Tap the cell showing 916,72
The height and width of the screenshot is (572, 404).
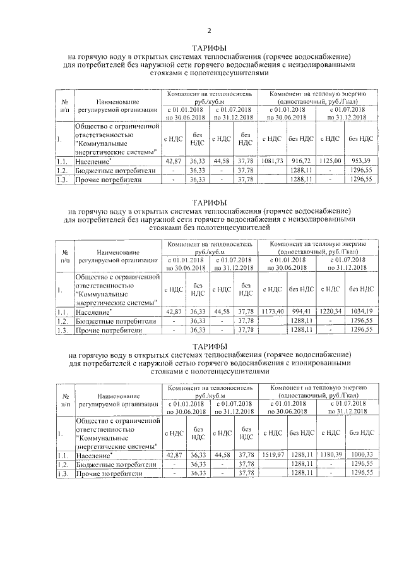(x=301, y=162)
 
